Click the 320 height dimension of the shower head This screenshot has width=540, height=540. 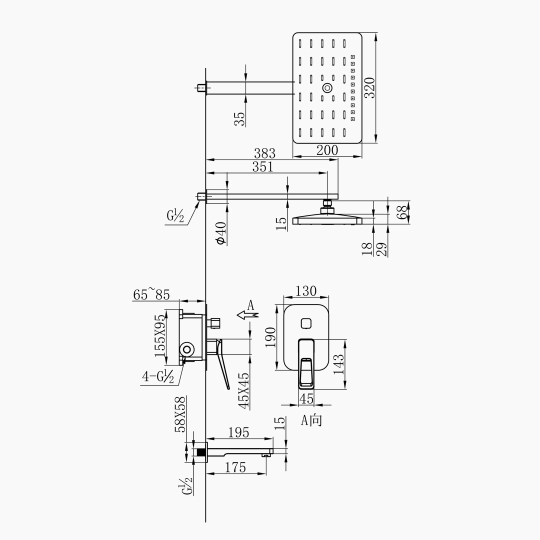click(370, 88)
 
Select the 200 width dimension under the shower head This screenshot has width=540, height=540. click(327, 150)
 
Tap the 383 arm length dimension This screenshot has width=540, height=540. click(264, 153)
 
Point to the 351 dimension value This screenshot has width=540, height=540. click(263, 166)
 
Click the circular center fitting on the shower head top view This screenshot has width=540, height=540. click(328, 88)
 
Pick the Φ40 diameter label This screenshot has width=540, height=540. click(221, 233)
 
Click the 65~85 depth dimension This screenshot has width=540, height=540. click(151, 295)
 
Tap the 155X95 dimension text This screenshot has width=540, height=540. click(160, 336)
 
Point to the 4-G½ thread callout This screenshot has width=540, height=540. click(158, 376)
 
